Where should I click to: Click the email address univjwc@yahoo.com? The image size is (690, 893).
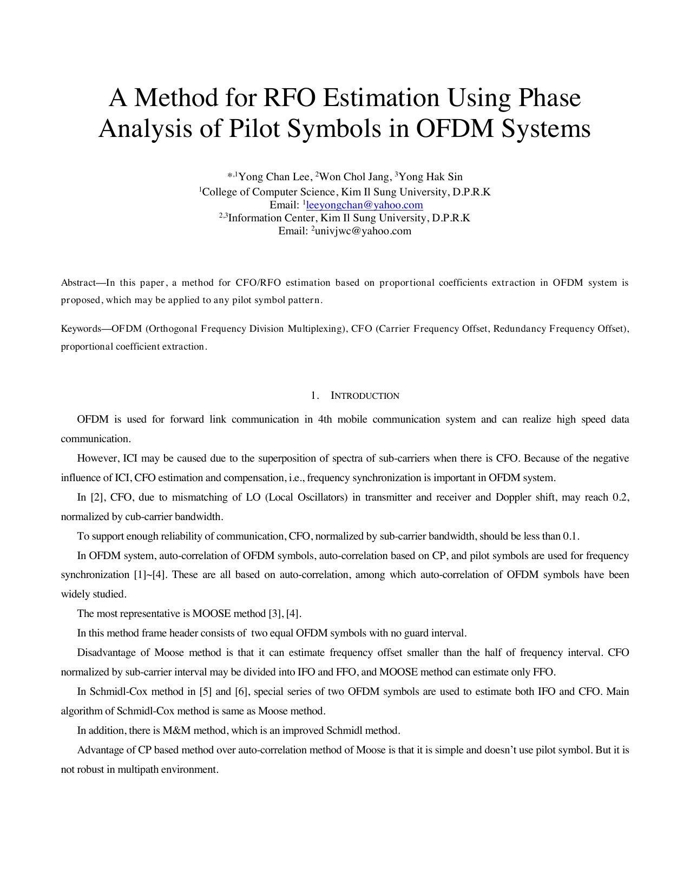(x=363, y=231)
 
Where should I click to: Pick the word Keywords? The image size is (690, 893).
(x=81, y=329)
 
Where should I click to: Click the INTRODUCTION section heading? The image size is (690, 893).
(x=365, y=396)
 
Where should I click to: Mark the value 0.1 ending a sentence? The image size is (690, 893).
(x=570, y=536)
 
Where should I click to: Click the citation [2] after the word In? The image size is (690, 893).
(x=97, y=497)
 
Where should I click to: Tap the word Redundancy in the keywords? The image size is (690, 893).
(x=519, y=329)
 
